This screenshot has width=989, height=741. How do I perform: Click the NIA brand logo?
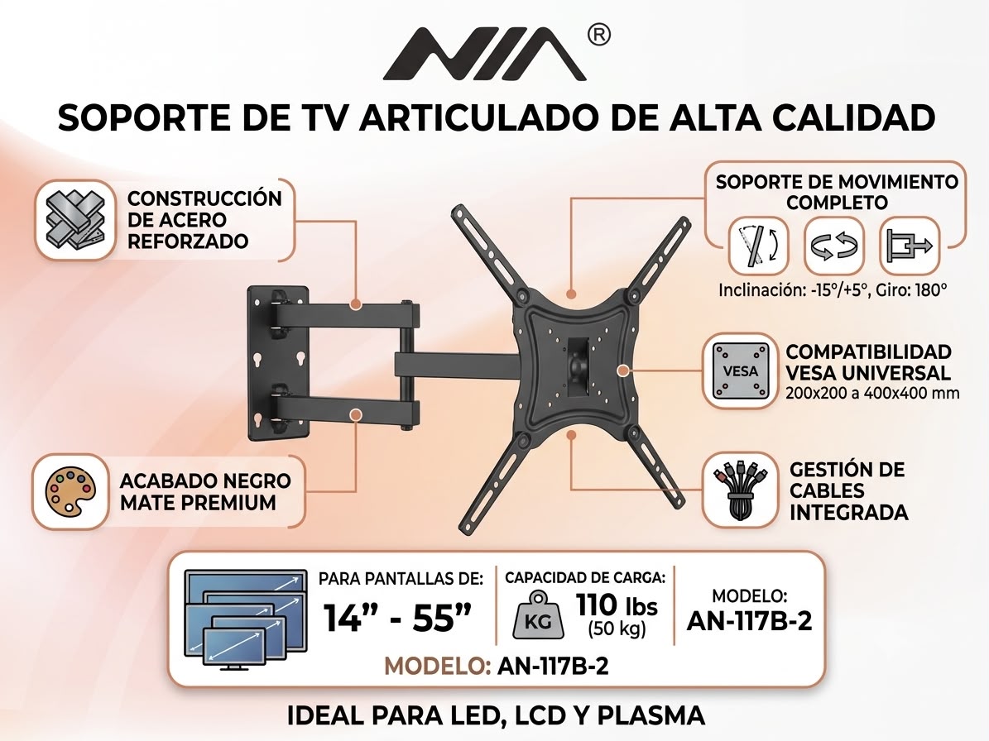point(485,55)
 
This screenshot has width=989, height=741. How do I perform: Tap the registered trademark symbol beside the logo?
point(598,36)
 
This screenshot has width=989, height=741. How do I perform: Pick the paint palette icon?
point(70,491)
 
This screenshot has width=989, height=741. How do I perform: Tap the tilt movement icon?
point(757,245)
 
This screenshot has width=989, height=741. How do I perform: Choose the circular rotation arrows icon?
point(834,245)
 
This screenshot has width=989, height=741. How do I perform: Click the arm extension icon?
point(909,245)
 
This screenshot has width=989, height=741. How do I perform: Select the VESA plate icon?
point(740,371)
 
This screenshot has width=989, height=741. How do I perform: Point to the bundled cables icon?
point(740,490)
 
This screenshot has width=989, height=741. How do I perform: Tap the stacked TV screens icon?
point(245,619)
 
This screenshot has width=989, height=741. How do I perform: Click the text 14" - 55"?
point(397,617)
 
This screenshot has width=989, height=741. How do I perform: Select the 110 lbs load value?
point(617,605)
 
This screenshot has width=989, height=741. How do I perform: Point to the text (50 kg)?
point(617,629)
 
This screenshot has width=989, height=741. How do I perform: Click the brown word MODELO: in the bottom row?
point(437,666)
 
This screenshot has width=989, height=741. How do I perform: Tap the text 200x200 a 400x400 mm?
point(872,393)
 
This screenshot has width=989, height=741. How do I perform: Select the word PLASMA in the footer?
point(651,715)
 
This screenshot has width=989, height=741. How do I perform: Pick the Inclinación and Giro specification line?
point(833,290)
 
